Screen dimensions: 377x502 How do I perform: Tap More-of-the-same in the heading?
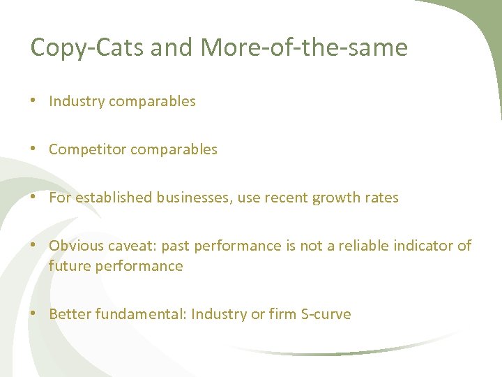(x=303, y=48)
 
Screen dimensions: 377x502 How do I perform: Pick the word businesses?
(x=196, y=198)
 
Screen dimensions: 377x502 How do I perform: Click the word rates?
(x=383, y=198)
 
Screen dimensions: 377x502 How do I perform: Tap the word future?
(x=68, y=266)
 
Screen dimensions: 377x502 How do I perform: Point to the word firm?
(x=282, y=314)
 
